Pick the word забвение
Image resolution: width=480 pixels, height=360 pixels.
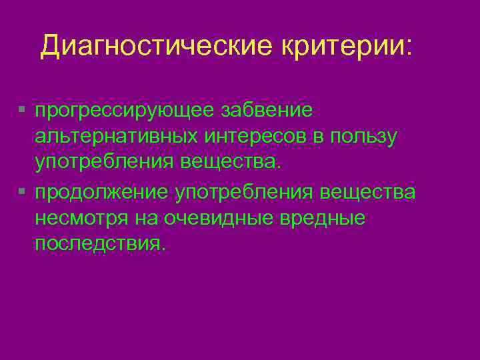pyautogui.click(x=273, y=109)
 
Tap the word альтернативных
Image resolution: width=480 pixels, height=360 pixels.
pyautogui.click(x=116, y=136)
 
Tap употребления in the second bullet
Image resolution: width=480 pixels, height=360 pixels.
pyautogui.click(x=245, y=193)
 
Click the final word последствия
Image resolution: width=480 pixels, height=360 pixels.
pyautogui.click(x=98, y=245)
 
